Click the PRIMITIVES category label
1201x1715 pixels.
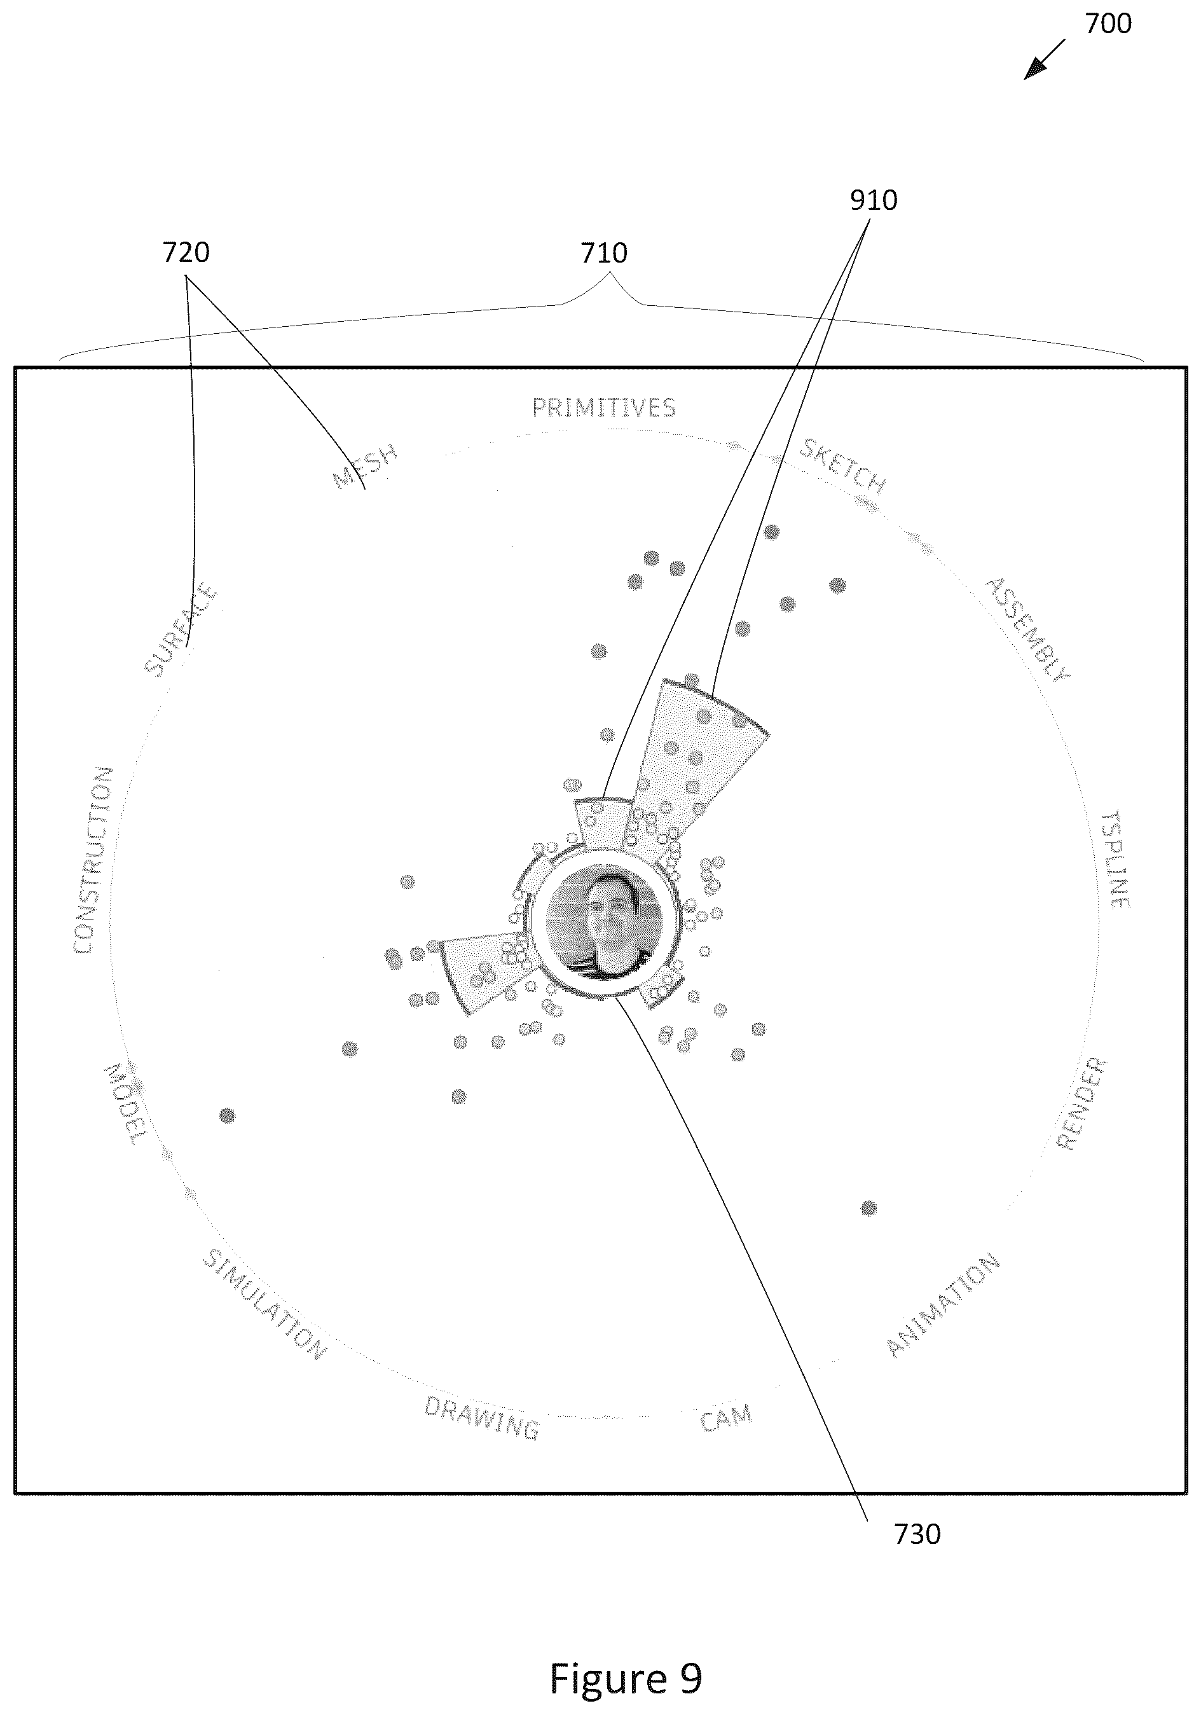pyautogui.click(x=604, y=408)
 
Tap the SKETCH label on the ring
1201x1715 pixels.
pyautogui.click(x=843, y=467)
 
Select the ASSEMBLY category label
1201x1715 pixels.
pyautogui.click(x=1027, y=629)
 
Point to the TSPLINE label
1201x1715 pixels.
pyautogui.click(x=1116, y=858)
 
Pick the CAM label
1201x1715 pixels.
pyautogui.click(x=726, y=1417)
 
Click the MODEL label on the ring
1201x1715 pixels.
pyautogui.click(x=125, y=1104)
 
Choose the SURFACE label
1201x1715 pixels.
pyautogui.click(x=181, y=631)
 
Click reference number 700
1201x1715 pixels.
pyautogui.click(x=1108, y=24)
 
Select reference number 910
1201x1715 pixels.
pyautogui.click(x=874, y=200)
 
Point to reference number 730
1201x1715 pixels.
pyautogui.click(x=917, y=1534)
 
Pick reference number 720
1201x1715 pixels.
pyautogui.click(x=186, y=252)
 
